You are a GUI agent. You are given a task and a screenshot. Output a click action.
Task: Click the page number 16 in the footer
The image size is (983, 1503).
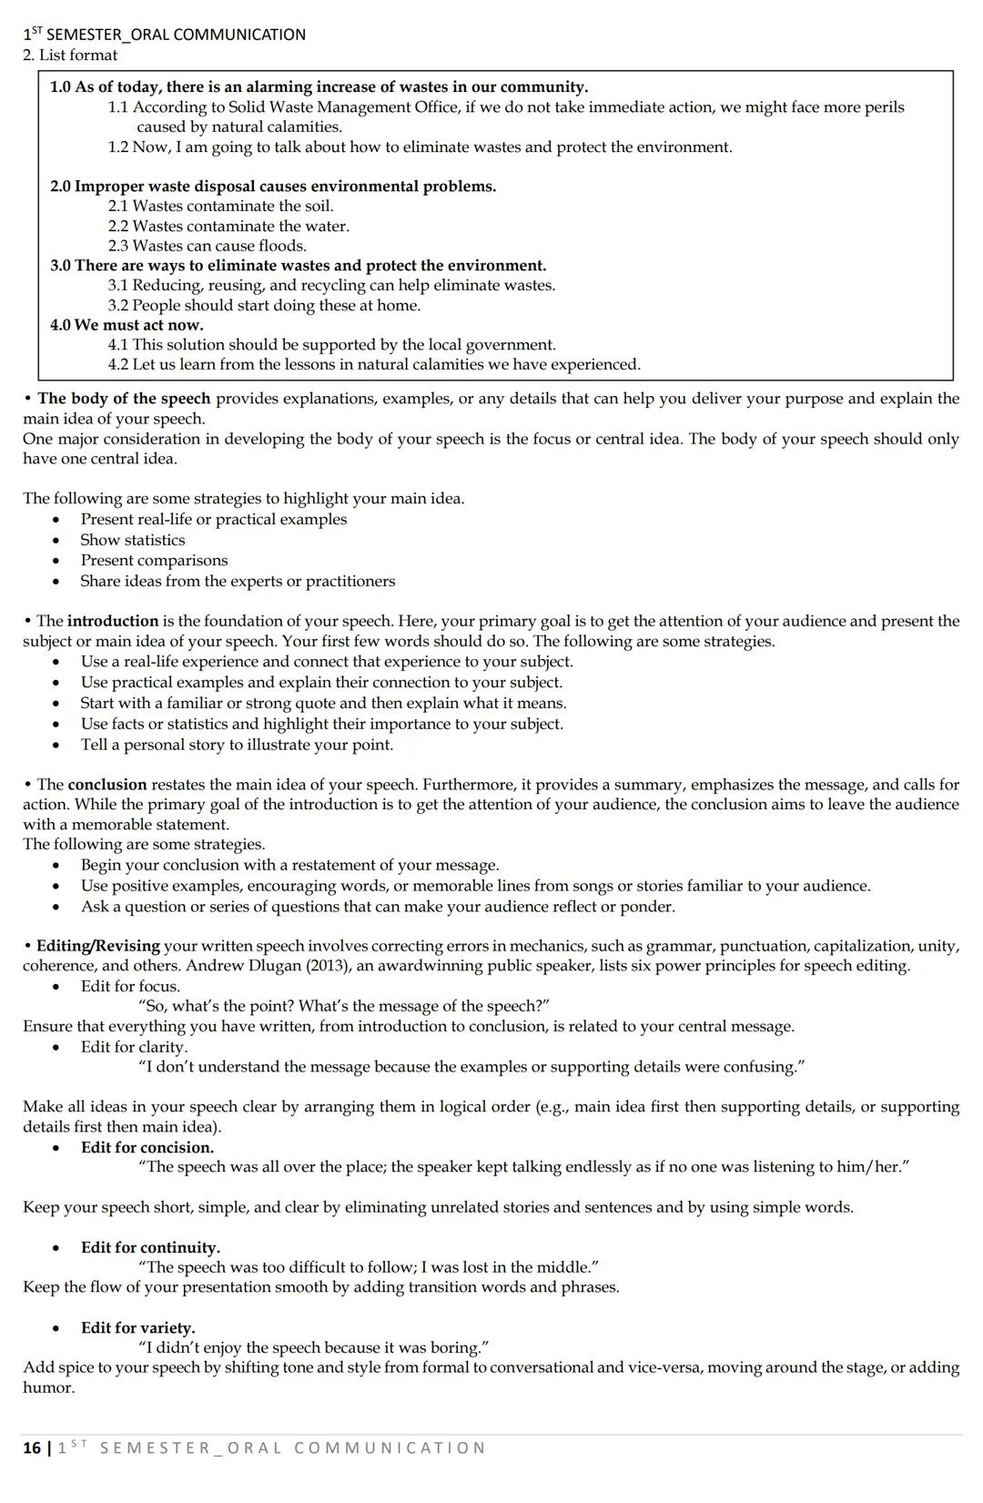tap(31, 1448)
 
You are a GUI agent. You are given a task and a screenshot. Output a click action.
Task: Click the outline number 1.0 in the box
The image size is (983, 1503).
tap(60, 87)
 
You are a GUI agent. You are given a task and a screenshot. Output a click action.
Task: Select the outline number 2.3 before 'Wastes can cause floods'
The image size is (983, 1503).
tap(118, 246)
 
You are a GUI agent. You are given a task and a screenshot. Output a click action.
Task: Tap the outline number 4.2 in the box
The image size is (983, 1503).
tap(118, 365)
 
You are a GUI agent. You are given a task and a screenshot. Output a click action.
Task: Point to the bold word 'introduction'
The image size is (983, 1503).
tap(113, 622)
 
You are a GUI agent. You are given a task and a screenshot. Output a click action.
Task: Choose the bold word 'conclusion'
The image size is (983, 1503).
tap(107, 785)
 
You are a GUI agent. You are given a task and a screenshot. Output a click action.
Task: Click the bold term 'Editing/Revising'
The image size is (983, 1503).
tap(97, 946)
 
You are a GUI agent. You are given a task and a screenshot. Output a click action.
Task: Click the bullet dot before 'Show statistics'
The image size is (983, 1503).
tap(57, 541)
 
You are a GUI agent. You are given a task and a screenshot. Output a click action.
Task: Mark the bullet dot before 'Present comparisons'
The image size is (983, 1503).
tap(57, 562)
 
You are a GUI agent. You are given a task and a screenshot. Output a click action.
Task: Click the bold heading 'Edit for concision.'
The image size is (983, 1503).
tap(147, 1148)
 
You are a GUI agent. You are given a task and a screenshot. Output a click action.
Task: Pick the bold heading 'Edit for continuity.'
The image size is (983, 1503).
tap(150, 1248)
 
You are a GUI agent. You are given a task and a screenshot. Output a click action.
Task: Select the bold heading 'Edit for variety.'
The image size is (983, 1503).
tap(137, 1328)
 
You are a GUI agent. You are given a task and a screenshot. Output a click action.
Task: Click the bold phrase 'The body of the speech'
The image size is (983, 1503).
tap(124, 399)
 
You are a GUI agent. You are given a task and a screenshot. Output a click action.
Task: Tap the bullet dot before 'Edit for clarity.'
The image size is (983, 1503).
tap(57, 1048)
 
